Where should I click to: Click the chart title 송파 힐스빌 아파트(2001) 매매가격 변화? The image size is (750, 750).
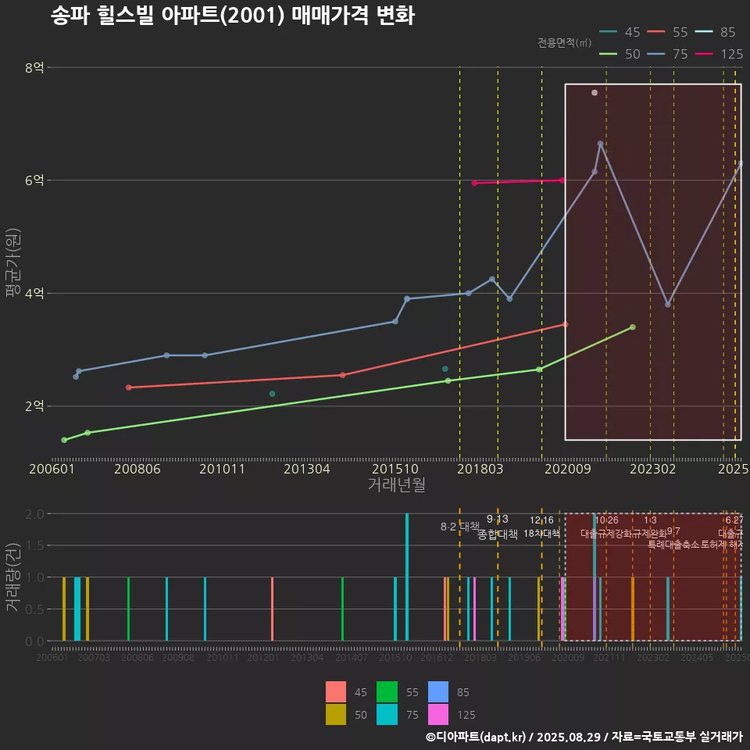(233, 16)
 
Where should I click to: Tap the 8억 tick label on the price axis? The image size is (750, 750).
(34, 68)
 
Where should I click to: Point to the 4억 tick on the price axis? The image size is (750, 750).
(34, 294)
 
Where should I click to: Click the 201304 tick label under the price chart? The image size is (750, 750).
(305, 469)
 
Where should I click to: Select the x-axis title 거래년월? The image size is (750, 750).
(396, 484)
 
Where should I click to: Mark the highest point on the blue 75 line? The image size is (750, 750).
(600, 144)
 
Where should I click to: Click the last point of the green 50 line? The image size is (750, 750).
(632, 327)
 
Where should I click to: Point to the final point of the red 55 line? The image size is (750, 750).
(565, 324)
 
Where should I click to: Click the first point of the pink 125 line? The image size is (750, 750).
(474, 183)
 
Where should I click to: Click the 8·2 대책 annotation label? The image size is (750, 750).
(460, 527)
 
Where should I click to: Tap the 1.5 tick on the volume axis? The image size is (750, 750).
(34, 545)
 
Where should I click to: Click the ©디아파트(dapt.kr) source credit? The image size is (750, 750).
(477, 737)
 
